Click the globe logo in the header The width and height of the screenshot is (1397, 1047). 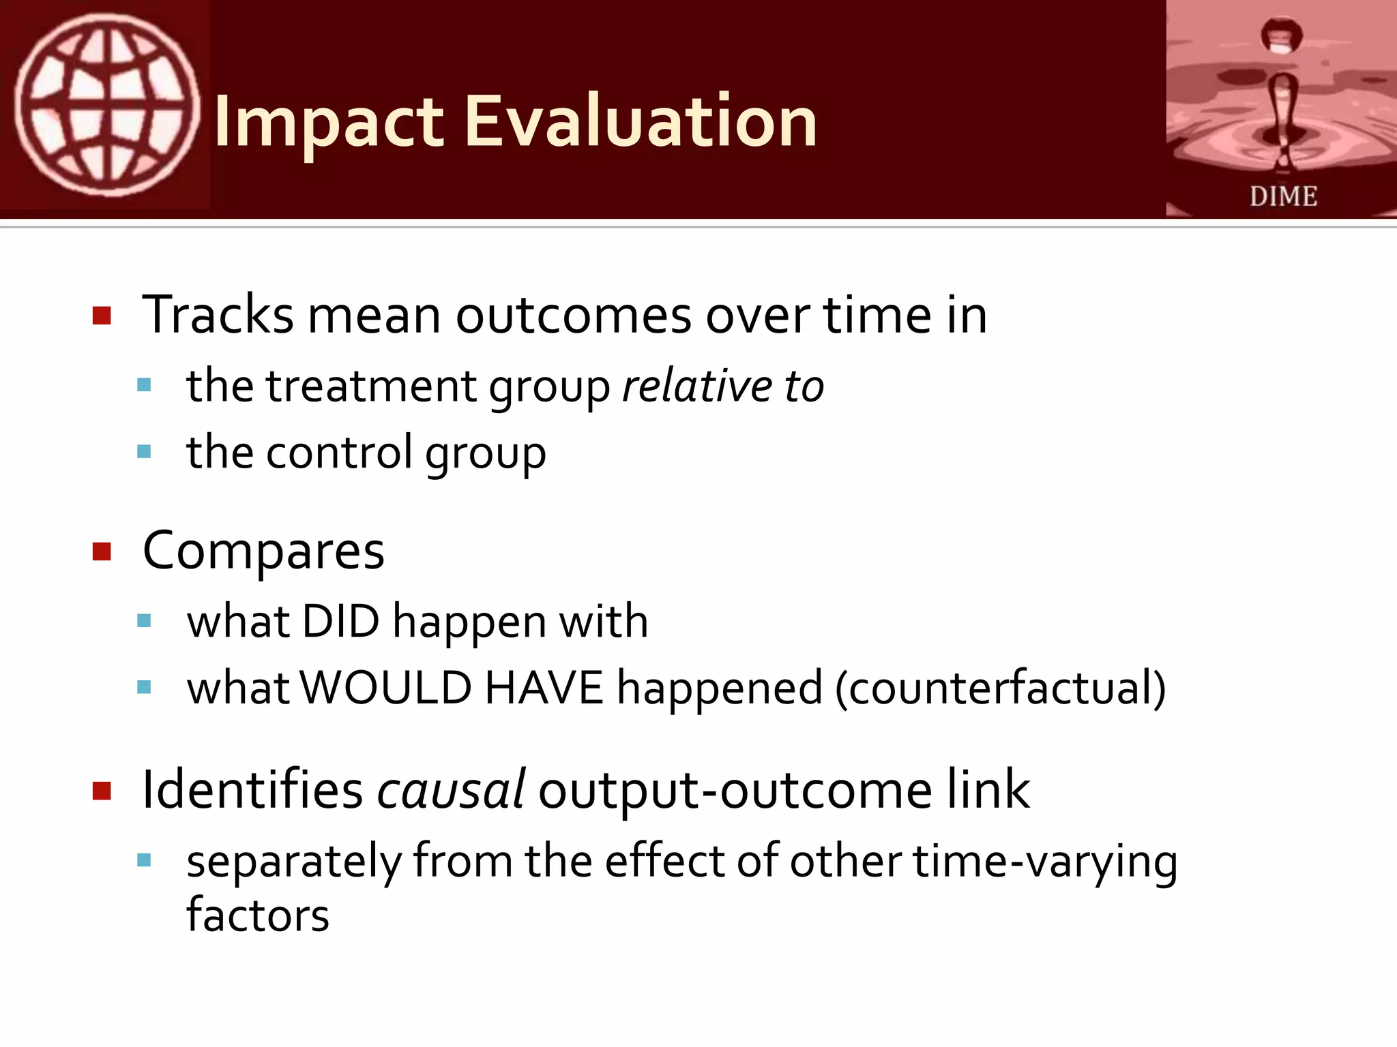[x=106, y=106]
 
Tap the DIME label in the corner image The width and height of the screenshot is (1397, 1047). [x=1283, y=196]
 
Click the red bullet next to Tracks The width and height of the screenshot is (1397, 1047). [x=102, y=316]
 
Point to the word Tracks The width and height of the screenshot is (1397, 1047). [x=217, y=315]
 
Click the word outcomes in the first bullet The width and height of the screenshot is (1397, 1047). [x=573, y=316]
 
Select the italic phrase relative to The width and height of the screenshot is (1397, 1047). [x=723, y=386]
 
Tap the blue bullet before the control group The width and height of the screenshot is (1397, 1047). [x=144, y=451]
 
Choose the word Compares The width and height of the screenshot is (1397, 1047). [x=263, y=551]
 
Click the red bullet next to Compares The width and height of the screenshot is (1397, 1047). [x=102, y=551]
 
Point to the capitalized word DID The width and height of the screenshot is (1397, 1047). [x=340, y=622]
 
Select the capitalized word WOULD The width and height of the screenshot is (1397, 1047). [x=385, y=688]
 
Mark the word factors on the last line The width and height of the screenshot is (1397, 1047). [x=258, y=915]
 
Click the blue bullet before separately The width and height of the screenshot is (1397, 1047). [x=144, y=860]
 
